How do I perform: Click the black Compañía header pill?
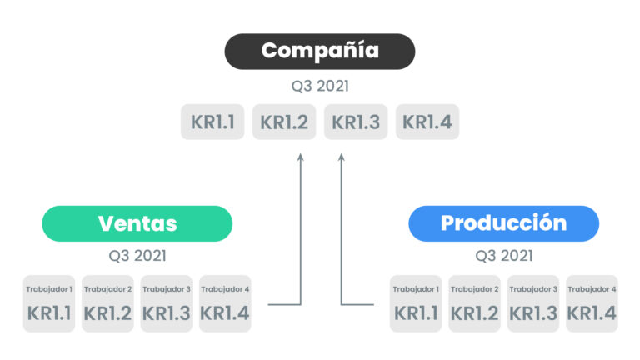coord(320,52)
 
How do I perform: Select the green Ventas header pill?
coord(137,223)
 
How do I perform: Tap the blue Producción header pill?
coord(503,223)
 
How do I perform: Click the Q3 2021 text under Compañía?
coord(320,86)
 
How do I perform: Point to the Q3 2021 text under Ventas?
coord(137,256)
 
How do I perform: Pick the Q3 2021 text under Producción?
coord(503,256)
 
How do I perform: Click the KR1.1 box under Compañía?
coord(212,122)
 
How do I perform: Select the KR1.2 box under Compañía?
coord(284,122)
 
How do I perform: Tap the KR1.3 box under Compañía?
coord(356,122)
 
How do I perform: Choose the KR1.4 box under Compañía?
coord(427,122)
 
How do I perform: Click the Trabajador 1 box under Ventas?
coord(49,303)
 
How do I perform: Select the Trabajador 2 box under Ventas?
coord(107,303)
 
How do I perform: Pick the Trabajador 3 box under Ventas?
coord(167,303)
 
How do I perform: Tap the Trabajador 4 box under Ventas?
coord(225,303)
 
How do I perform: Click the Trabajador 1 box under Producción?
coord(416,303)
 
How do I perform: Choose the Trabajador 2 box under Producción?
coord(474,303)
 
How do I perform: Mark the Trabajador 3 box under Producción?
coord(533,303)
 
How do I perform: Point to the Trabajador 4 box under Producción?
coord(592,303)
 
